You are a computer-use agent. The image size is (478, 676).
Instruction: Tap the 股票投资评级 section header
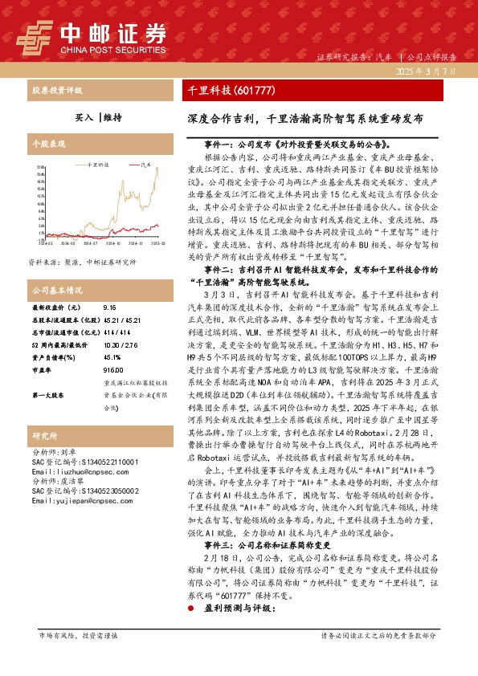(56, 90)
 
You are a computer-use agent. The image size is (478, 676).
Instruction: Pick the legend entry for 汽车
(142, 162)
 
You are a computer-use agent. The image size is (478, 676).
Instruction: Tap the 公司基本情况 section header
(56, 289)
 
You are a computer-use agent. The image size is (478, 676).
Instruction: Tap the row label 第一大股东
(47, 396)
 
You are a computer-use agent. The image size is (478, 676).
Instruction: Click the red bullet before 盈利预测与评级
(190, 631)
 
